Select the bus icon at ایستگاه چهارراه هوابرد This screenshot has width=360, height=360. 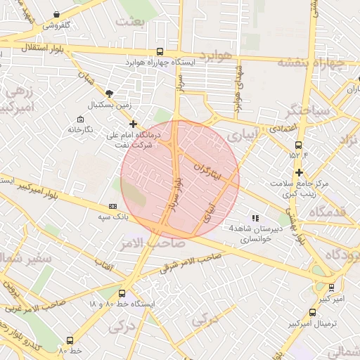point(160,51)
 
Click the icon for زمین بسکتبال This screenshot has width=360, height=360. point(110,93)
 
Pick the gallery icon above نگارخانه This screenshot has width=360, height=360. point(79,118)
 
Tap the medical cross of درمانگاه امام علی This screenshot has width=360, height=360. point(133,124)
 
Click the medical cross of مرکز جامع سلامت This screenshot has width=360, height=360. point(300,172)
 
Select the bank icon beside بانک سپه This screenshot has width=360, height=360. point(112,206)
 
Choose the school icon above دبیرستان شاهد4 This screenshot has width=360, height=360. point(255,218)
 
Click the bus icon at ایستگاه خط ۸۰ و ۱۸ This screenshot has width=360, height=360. point(122,292)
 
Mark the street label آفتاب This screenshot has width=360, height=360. point(103,264)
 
